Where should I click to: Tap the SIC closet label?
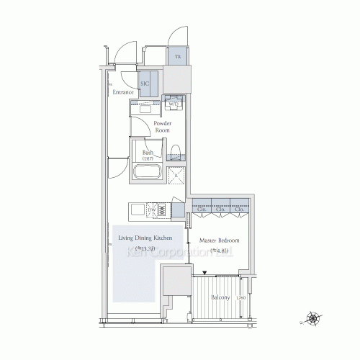[x=145, y=84]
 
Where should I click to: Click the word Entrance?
[x=124, y=91]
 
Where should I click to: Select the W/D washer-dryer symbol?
[x=174, y=104]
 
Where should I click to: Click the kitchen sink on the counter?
[x=138, y=210]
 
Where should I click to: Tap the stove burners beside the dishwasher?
[x=163, y=210]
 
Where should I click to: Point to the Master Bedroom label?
[x=220, y=241]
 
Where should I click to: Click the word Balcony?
[x=220, y=297]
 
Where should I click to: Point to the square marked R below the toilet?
[x=176, y=175]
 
